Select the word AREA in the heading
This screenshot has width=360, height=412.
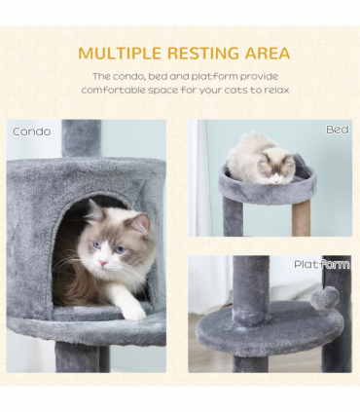coord(267,54)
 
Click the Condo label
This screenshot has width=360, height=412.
coord(31,131)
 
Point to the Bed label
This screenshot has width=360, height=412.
coord(337,130)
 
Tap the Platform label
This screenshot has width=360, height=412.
coord(321,264)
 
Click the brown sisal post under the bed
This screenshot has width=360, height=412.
coord(302,216)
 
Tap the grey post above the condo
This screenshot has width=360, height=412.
coord(82,138)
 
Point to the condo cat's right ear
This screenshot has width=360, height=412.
coord(139,223)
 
